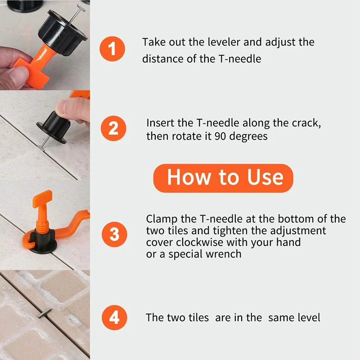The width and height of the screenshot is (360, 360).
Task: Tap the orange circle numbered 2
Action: [114, 128]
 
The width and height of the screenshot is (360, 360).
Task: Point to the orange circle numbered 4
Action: [114, 318]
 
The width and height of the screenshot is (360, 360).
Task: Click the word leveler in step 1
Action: [223, 42]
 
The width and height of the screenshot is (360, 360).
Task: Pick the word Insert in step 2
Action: [159, 122]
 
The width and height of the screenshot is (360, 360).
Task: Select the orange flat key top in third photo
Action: [41, 201]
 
